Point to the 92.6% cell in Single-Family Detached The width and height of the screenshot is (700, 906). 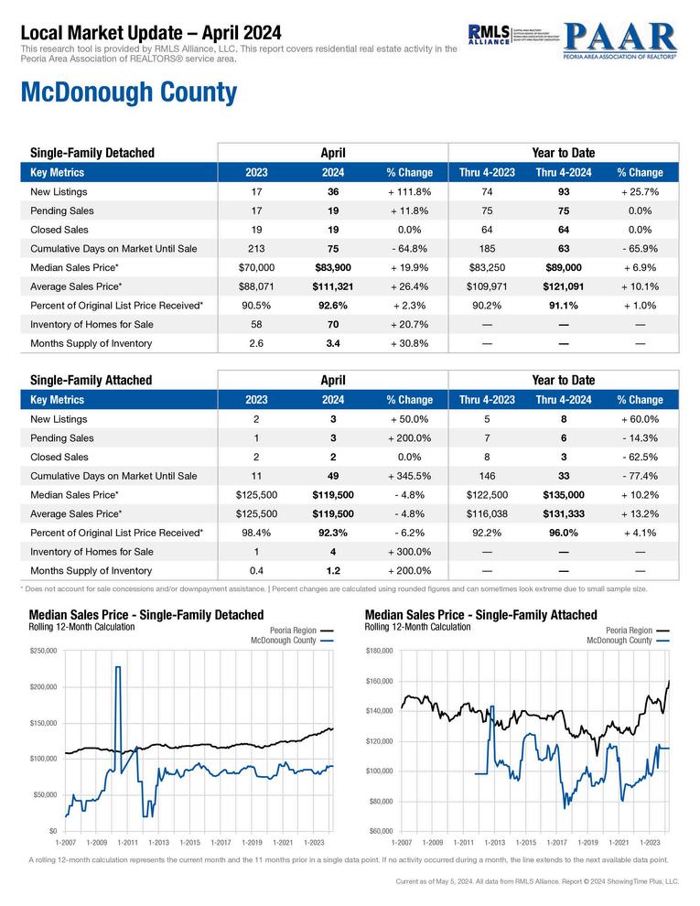click(x=333, y=306)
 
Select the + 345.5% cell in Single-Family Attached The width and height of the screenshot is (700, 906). click(x=409, y=476)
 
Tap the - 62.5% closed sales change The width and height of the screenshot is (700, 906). click(x=640, y=457)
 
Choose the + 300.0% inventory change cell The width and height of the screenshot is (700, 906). click(x=409, y=552)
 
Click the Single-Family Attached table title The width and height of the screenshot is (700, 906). click(x=92, y=380)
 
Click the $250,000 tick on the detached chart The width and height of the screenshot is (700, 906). click(x=43, y=650)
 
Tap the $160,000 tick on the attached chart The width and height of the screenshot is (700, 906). click(x=378, y=681)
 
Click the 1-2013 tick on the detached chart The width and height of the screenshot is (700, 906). click(x=158, y=841)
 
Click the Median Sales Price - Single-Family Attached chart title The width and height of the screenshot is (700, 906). click(x=480, y=615)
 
